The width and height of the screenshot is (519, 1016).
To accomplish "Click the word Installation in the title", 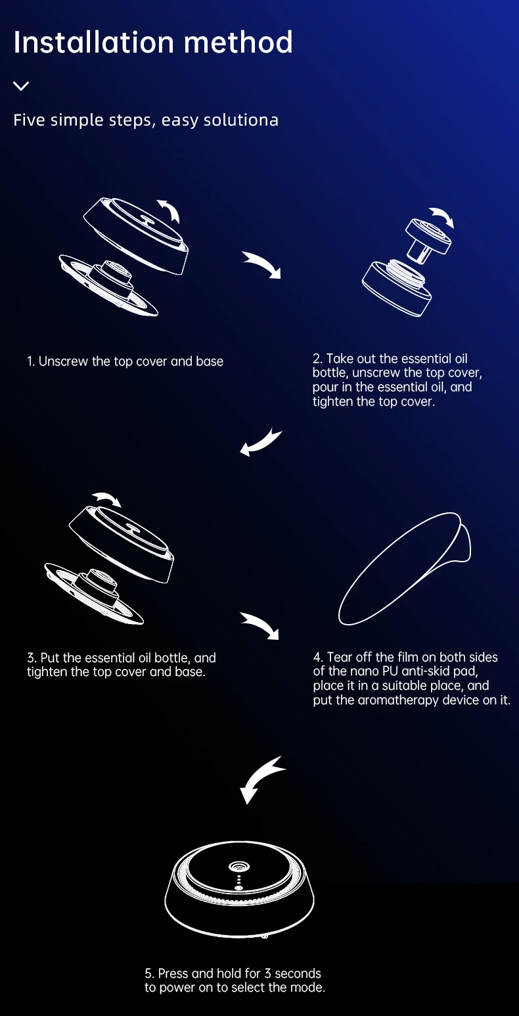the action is pos(94,42).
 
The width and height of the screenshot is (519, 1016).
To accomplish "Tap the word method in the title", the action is pos(238,42).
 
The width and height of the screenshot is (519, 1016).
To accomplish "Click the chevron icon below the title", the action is pos(21,85).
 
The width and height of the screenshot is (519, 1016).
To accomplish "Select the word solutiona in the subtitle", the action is pos(240,120).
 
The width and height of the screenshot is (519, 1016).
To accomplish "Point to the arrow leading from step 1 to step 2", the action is pos(263,264).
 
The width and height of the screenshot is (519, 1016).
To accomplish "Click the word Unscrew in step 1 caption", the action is pos(63,362).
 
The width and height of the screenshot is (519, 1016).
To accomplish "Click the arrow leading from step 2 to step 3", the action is pos(260,441).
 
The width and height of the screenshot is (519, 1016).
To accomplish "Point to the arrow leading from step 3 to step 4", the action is pos(260,625).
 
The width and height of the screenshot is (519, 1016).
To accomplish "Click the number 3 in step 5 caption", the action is pos(267,973).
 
